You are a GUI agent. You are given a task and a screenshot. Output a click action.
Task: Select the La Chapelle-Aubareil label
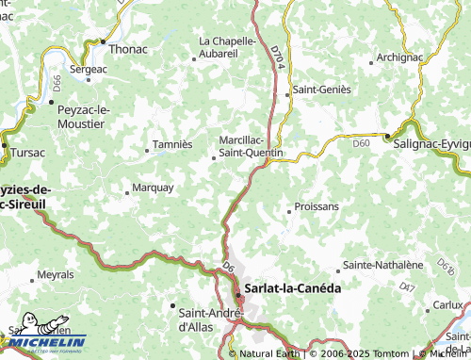(x=227, y=47)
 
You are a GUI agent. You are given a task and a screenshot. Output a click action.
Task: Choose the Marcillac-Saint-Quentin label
(x=250, y=144)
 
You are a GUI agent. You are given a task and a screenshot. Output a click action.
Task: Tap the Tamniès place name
(x=172, y=145)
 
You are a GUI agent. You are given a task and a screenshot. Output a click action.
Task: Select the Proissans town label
(x=317, y=206)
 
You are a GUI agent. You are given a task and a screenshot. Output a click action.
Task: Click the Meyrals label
(x=55, y=275)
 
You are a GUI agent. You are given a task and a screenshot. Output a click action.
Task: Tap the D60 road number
(x=362, y=143)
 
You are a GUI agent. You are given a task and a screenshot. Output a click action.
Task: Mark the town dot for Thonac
(x=104, y=41)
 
